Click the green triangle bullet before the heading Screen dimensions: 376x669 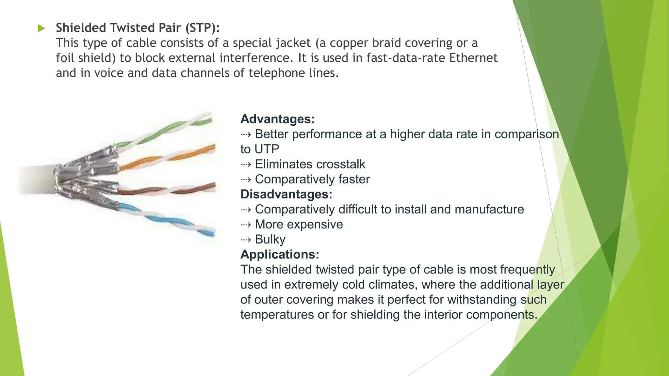tap(41, 28)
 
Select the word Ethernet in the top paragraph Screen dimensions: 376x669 tap(473, 58)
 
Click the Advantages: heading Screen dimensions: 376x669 tap(277, 119)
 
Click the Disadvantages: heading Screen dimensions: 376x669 tap(286, 194)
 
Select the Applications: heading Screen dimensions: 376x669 tap(280, 254)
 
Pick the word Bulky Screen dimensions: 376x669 tap(270, 239)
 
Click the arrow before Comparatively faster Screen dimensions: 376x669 tap(246, 180)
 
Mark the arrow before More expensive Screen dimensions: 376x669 tap(246, 225)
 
